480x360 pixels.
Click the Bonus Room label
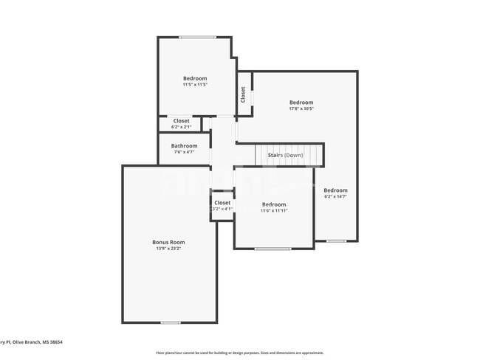tap(168, 242)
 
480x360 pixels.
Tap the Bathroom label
tap(184, 146)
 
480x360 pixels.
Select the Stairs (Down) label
tap(285, 155)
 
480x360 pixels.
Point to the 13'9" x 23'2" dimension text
tap(168, 249)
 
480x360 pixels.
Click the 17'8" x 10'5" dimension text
tap(301, 108)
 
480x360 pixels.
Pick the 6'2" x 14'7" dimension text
tap(335, 196)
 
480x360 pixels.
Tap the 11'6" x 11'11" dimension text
tap(274, 211)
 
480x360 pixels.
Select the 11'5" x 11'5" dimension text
tap(195, 85)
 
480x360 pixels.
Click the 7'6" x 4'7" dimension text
tap(184, 152)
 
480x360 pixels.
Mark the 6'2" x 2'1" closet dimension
tap(182, 127)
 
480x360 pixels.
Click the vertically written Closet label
tap(243, 94)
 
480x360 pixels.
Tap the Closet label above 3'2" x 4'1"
tap(222, 202)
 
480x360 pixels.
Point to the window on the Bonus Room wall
tap(171, 322)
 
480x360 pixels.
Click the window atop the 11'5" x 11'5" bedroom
tap(198, 37)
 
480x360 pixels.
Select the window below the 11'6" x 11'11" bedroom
tap(273, 249)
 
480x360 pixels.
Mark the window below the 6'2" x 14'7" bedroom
tap(337, 240)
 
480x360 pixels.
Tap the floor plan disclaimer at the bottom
tap(239, 353)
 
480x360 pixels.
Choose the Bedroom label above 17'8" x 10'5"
tap(301, 103)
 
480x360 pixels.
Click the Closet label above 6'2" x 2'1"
tap(182, 120)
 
